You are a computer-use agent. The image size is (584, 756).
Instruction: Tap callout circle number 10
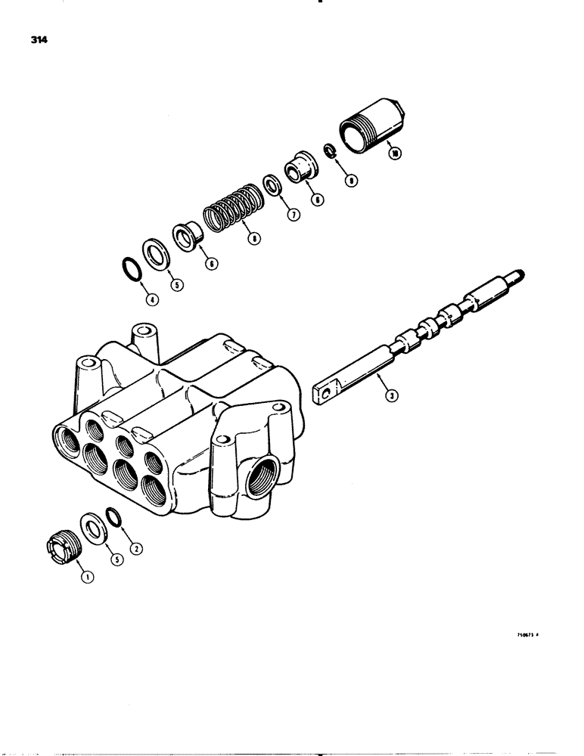(393, 152)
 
